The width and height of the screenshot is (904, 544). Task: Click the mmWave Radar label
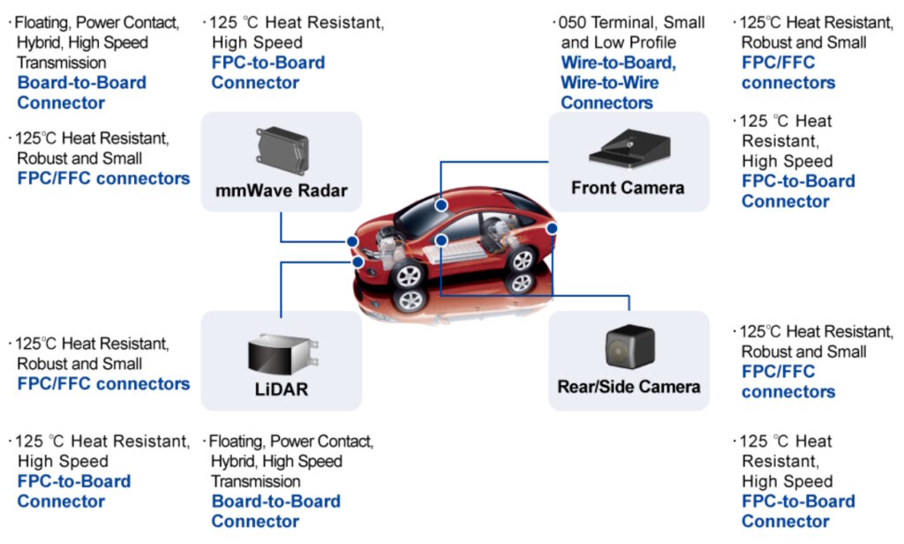(281, 191)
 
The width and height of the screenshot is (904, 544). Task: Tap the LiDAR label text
(281, 389)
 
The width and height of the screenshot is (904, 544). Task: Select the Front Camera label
(628, 188)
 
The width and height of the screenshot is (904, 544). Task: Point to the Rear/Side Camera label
(629, 387)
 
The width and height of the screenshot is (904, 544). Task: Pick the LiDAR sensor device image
(282, 352)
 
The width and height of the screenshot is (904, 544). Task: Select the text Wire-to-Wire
(609, 83)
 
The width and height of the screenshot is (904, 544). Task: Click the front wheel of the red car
(408, 275)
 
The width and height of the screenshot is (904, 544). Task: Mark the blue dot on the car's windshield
(441, 204)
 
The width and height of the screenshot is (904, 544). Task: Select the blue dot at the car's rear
(553, 229)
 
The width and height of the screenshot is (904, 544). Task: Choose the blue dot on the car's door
(441, 239)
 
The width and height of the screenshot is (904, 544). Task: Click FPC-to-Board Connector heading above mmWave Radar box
(267, 72)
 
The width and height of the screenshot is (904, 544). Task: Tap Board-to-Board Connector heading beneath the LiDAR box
(275, 511)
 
